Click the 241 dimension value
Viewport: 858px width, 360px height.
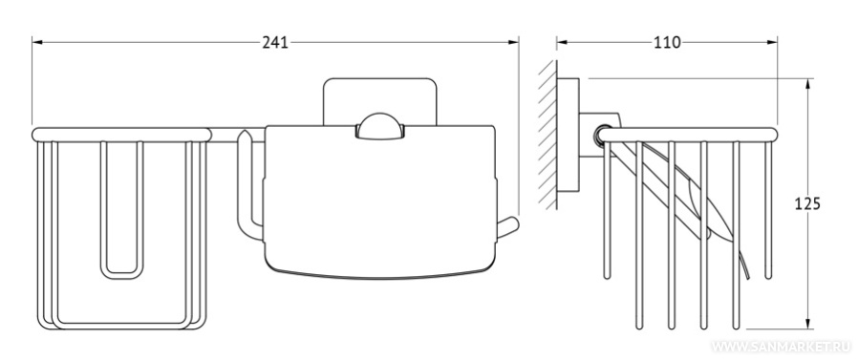pos(274,43)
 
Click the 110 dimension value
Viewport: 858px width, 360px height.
pos(668,43)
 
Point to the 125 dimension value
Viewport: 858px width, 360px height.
pos(807,204)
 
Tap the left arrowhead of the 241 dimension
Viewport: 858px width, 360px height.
pos(37,42)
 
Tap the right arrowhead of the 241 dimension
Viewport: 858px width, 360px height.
pos(513,42)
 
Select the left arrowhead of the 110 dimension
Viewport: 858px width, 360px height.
pos(563,42)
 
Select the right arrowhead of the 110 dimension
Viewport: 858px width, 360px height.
pos(772,42)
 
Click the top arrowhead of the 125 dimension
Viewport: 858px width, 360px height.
pos(807,84)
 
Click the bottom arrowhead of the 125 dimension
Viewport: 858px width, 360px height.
pos(807,324)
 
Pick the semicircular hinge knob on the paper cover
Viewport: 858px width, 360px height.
pos(379,126)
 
